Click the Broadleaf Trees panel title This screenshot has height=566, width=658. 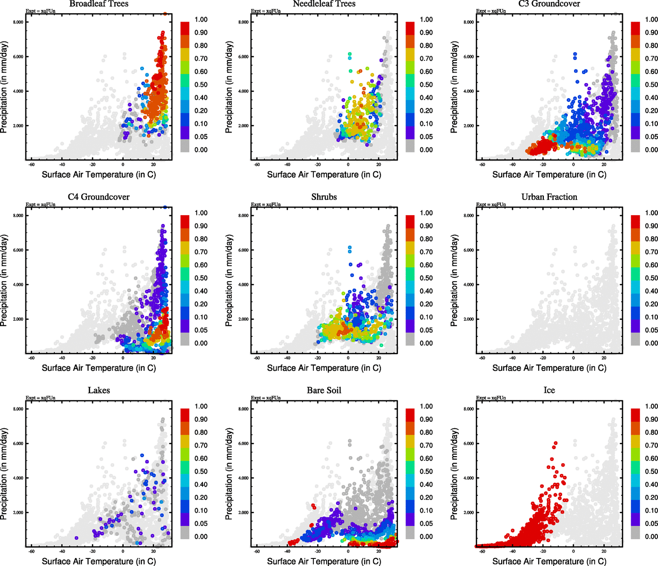click(99, 4)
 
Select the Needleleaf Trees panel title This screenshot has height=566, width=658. click(324, 4)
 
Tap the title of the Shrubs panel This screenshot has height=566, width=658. click(324, 197)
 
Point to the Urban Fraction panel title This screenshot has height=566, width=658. click(549, 197)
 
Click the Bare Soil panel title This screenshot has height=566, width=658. click(324, 391)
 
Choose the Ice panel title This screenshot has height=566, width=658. click(549, 391)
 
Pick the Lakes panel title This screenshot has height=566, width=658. click(99, 391)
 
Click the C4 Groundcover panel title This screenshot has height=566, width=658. click(99, 197)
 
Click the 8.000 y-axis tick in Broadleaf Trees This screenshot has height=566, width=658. click(18, 22)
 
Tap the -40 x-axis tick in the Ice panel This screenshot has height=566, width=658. click(512, 551)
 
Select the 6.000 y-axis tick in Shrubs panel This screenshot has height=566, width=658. click(243, 250)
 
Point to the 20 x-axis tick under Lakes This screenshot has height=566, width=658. click(153, 551)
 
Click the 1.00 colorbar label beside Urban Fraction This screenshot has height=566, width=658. click(651, 213)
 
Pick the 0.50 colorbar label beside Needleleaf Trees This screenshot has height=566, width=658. click(426, 84)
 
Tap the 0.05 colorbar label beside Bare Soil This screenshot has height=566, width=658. click(426, 524)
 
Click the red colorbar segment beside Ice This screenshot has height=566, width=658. click(635, 413)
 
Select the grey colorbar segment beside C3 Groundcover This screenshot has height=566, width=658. click(635, 146)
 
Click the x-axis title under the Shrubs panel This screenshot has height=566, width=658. click(324, 368)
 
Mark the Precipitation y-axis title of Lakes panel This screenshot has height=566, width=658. click(4, 474)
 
